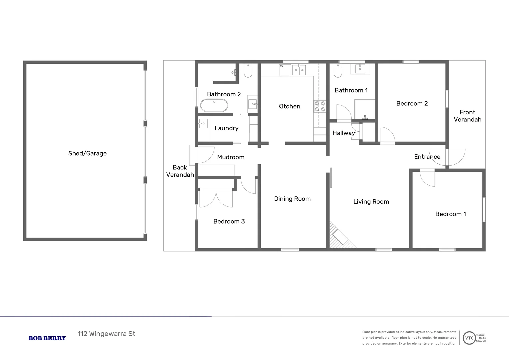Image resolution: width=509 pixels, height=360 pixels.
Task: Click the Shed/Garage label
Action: point(87,153)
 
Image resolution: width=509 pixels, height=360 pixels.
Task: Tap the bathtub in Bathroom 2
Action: point(214,106)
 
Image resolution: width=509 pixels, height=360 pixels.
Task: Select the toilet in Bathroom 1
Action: point(338,71)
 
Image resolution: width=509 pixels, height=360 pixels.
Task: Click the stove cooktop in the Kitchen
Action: point(320,106)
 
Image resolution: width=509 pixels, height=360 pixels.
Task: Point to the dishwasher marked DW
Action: point(285,70)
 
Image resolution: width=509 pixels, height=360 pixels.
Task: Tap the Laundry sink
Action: point(203,123)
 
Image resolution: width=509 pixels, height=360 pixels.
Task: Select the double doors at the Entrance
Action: point(447,157)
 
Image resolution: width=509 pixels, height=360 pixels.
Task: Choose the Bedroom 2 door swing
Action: point(387,136)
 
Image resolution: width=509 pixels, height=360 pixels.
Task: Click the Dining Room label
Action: point(292,199)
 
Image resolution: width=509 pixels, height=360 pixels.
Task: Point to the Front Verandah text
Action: point(467,116)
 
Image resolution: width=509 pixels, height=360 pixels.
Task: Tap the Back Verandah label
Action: point(180,171)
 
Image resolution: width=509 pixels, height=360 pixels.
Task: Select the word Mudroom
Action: point(231,157)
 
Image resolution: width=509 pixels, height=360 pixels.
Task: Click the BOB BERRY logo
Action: point(47,338)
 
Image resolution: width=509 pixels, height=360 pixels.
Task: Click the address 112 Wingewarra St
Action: point(106,334)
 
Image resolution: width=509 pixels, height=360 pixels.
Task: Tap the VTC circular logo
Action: point(469,338)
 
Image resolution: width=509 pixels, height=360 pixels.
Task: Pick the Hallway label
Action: point(343,133)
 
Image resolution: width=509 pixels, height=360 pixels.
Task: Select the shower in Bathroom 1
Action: point(365,109)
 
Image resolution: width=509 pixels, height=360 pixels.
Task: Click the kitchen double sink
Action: point(299,70)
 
